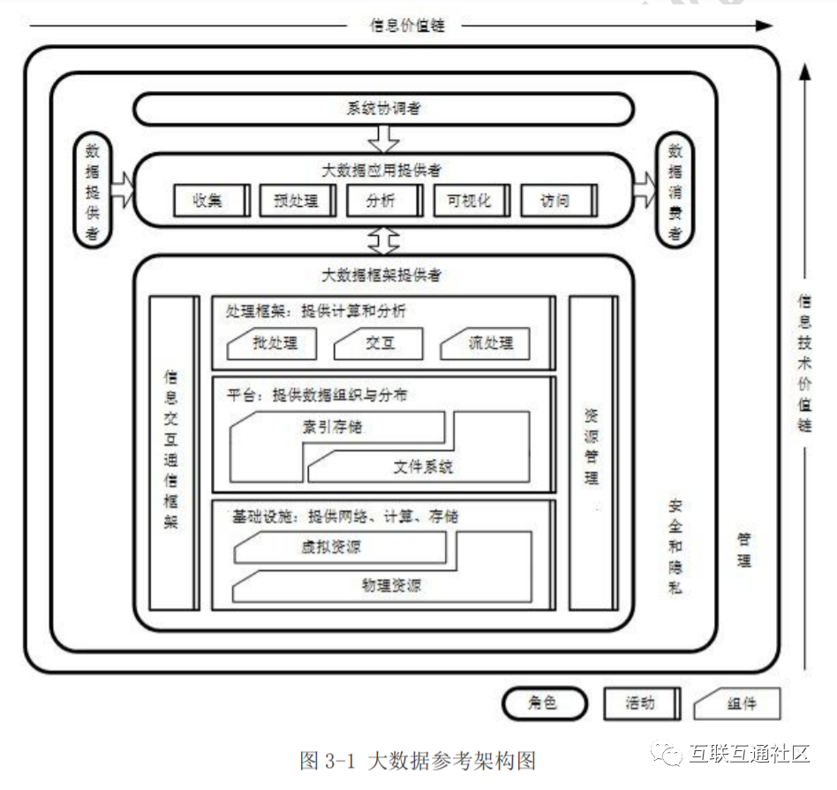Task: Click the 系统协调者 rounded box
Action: click(x=383, y=109)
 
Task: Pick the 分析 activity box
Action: click(x=382, y=201)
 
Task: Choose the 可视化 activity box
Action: click(x=470, y=201)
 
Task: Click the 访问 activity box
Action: click(x=556, y=201)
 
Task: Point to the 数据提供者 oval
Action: click(x=92, y=190)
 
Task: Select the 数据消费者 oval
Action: click(x=675, y=190)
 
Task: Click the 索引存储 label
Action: click(x=332, y=427)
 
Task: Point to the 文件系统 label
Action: click(x=424, y=466)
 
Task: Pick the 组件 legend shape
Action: click(x=738, y=703)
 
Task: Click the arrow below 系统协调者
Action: click(x=383, y=139)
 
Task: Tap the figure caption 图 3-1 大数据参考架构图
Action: click(x=418, y=760)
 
